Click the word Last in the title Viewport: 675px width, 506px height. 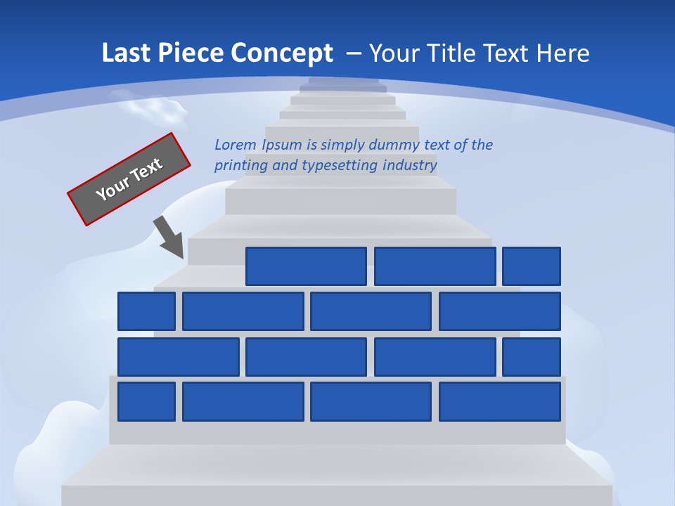[x=126, y=53]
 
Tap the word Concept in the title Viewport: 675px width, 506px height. [x=283, y=53]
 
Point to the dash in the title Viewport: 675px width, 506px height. [x=354, y=53]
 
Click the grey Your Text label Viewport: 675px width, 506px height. [x=129, y=179]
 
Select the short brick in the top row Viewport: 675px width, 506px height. [x=531, y=266]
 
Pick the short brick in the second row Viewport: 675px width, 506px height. [x=146, y=311]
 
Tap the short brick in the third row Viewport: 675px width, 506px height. [x=531, y=357]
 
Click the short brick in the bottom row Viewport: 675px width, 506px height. [x=146, y=401]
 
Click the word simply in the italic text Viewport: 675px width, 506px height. [x=342, y=145]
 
